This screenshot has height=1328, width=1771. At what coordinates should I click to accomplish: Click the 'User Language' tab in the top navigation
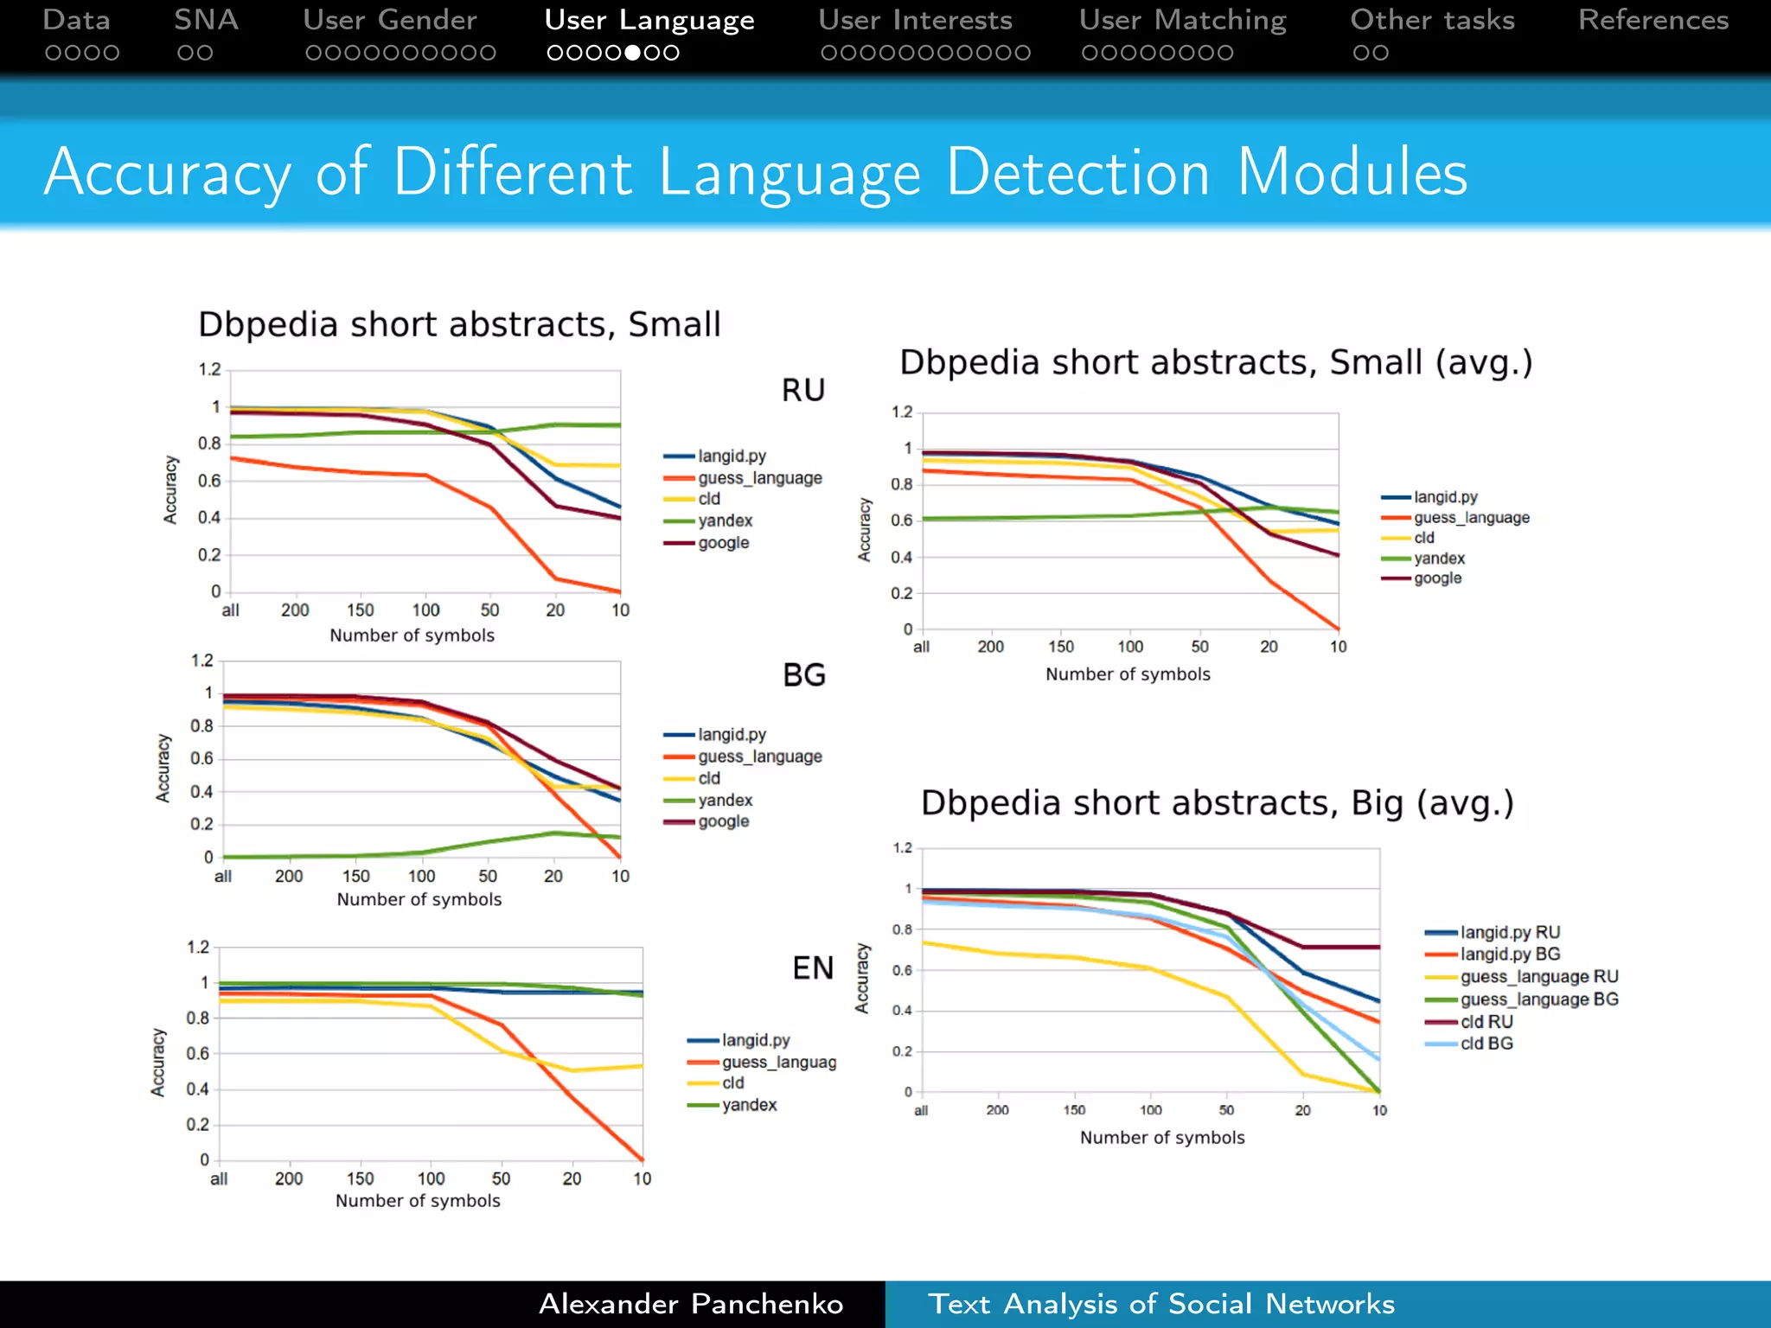pyautogui.click(x=649, y=21)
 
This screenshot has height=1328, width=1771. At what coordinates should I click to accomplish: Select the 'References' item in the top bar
pyautogui.click(x=1653, y=21)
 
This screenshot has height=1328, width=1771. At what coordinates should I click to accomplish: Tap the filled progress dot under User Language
pyautogui.click(x=633, y=53)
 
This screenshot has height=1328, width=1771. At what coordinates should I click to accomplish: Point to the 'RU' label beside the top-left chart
pyautogui.click(x=802, y=390)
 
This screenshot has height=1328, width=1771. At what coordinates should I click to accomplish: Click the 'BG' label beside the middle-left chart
pyautogui.click(x=803, y=674)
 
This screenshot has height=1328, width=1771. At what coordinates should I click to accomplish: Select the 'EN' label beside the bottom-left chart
pyautogui.click(x=812, y=967)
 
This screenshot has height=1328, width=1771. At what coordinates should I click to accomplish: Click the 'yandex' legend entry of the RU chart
pyautogui.click(x=725, y=520)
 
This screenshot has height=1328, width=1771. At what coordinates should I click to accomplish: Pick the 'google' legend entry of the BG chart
pyautogui.click(x=723, y=821)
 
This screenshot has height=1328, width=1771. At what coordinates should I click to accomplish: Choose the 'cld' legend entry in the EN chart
pyautogui.click(x=732, y=1082)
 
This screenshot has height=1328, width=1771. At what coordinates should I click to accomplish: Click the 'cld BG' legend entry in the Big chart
pyautogui.click(x=1486, y=1044)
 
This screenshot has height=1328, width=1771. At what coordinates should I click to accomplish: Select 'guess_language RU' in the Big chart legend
pyautogui.click(x=1538, y=977)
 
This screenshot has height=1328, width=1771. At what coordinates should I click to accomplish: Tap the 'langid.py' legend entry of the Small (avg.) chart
pyautogui.click(x=1445, y=497)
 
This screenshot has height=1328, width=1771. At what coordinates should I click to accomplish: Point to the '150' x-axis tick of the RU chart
pyautogui.click(x=361, y=610)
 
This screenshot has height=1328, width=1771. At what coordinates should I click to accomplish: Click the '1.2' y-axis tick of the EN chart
pyautogui.click(x=198, y=947)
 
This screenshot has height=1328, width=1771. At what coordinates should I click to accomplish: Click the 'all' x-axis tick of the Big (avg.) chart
pyautogui.click(x=921, y=1110)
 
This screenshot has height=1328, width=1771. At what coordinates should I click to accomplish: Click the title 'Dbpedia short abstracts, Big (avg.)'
pyautogui.click(x=1217, y=803)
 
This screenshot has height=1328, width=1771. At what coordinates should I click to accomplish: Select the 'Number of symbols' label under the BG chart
pyautogui.click(x=419, y=899)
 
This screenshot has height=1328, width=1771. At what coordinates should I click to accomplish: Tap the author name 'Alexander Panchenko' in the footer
pyautogui.click(x=691, y=1304)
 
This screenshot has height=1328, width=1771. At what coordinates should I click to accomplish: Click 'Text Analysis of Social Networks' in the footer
pyautogui.click(x=1160, y=1304)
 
